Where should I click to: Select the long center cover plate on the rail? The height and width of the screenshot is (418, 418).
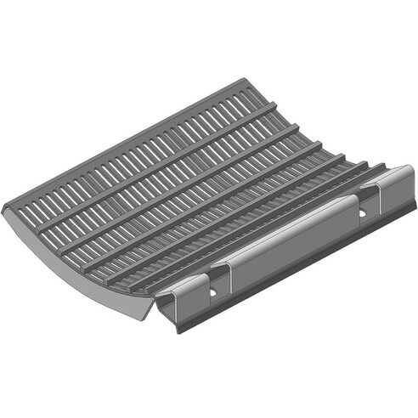289,242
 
